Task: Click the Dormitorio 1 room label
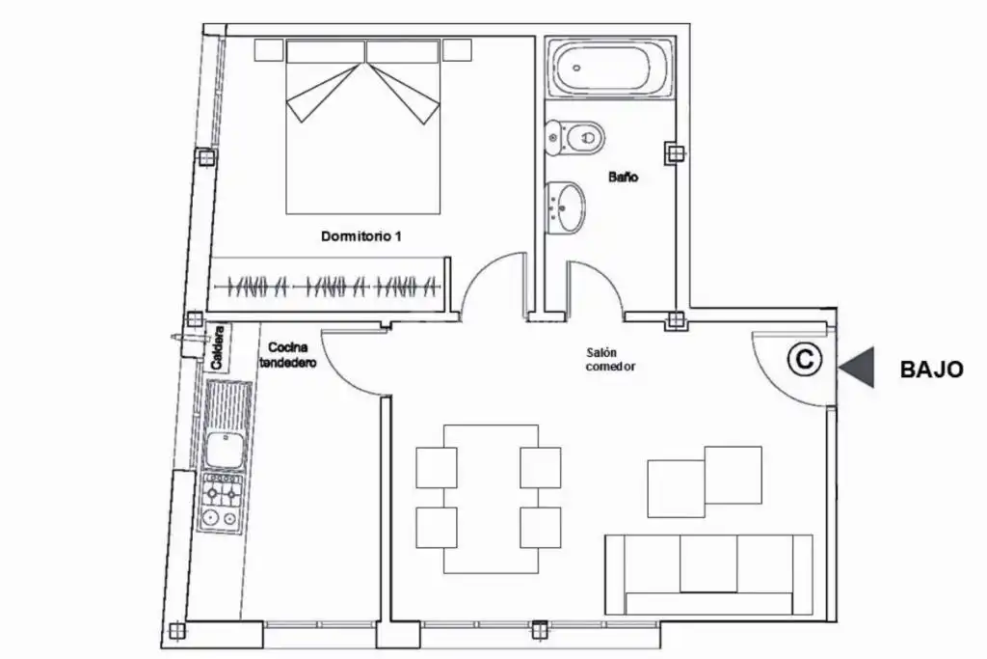360,236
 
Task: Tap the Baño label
624,177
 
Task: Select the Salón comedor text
610,360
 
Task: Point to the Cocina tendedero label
287,355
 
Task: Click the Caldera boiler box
218,347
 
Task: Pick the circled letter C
805,359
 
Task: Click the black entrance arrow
857,368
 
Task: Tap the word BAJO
932,370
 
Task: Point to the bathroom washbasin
565,207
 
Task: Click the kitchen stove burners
222,504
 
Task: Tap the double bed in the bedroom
363,126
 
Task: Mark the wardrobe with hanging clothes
328,286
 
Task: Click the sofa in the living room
708,574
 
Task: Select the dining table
491,499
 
